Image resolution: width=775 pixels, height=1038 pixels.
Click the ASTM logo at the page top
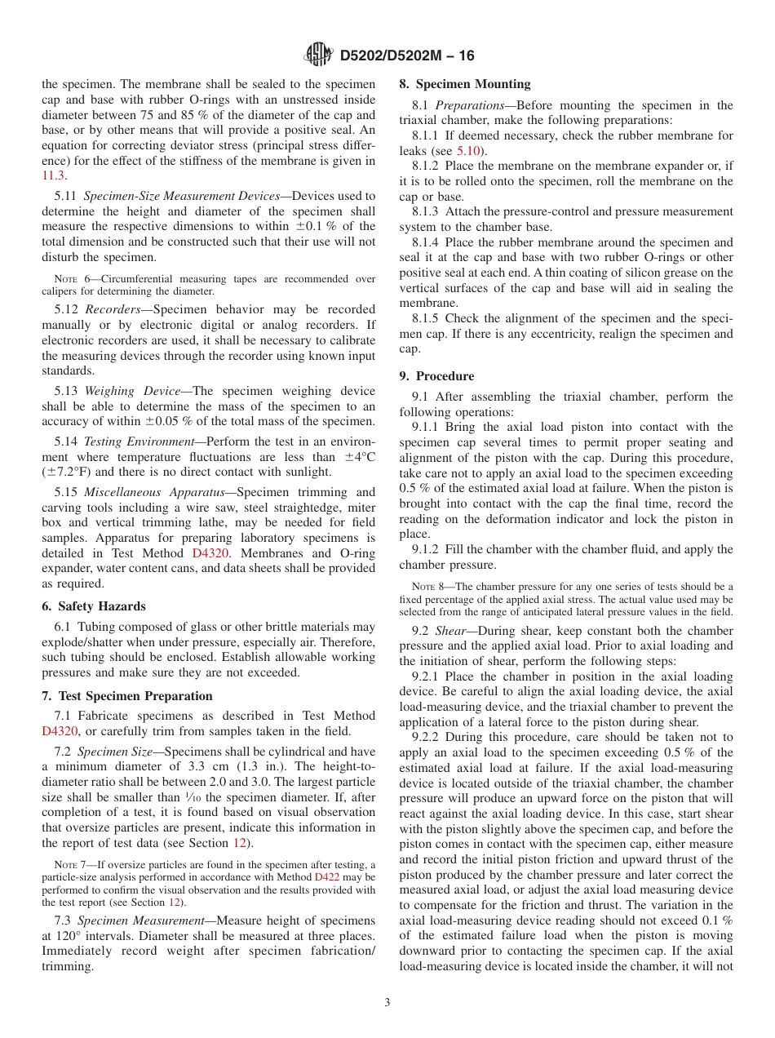tap(318, 55)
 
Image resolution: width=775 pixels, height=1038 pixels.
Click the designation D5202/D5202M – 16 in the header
tap(406, 55)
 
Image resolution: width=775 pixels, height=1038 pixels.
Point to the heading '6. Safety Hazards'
tap(93, 606)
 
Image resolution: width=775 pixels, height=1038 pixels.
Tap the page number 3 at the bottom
tap(387, 1003)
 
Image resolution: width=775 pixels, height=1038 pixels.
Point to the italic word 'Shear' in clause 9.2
tap(449, 631)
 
